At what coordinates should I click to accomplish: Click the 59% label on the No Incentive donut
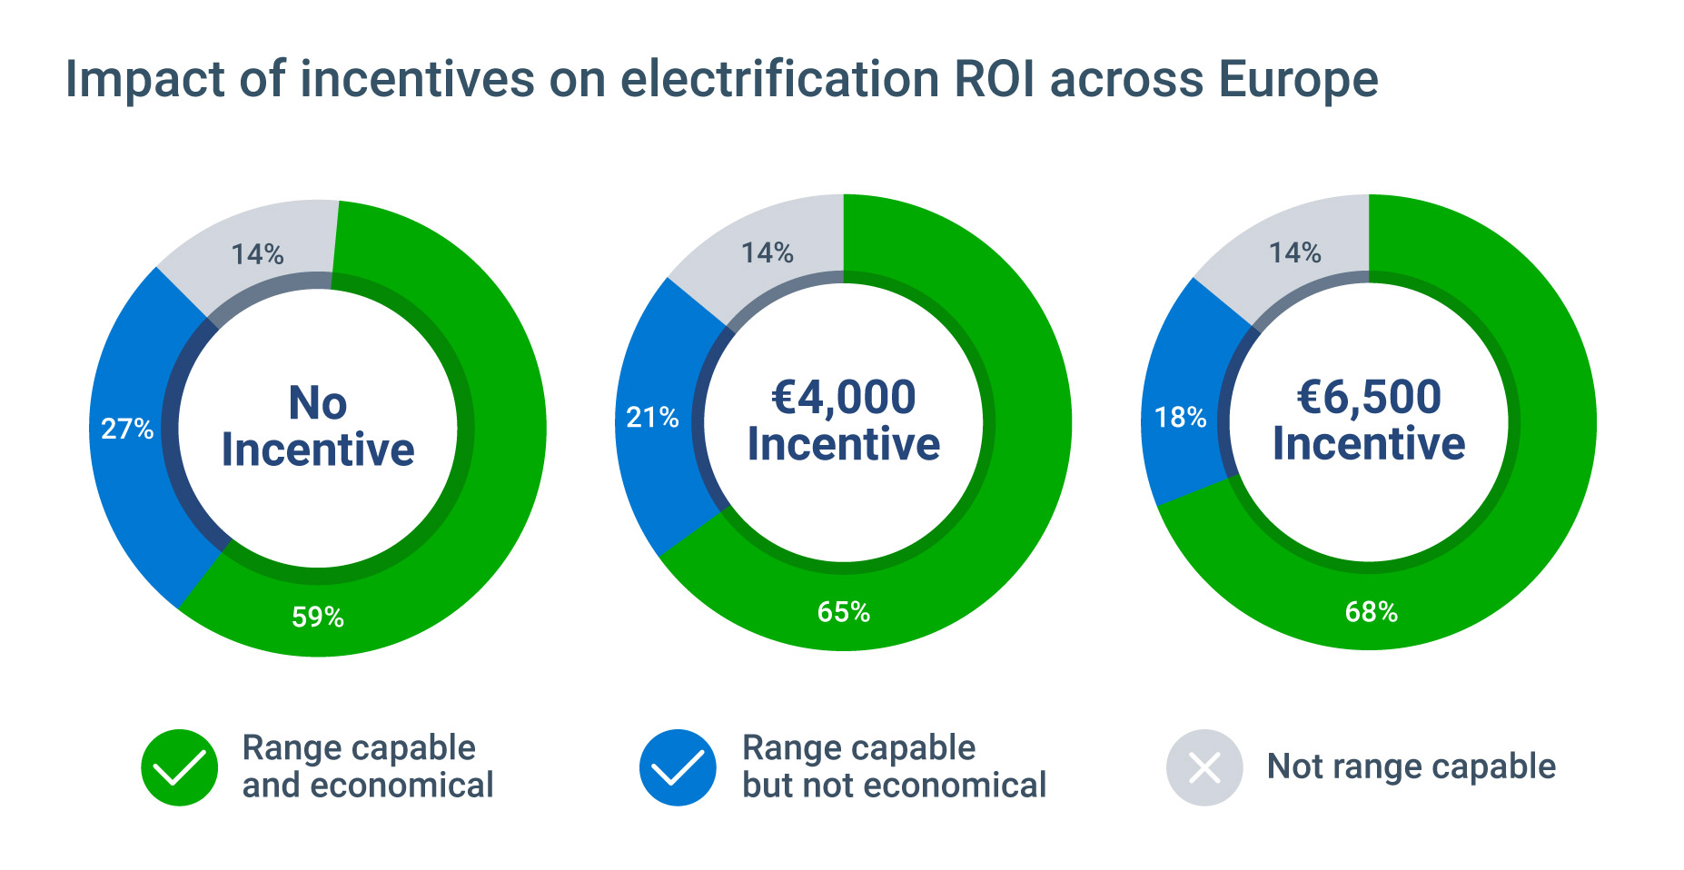coord(318,618)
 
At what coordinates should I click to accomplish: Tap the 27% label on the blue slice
coord(127,429)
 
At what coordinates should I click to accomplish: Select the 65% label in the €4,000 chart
coord(844,612)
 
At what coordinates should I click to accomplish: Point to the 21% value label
coord(652,418)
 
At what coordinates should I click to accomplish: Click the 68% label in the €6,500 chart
coord(1372,612)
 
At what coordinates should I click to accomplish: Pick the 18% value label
coord(1180,418)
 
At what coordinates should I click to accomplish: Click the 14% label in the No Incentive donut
coord(257,254)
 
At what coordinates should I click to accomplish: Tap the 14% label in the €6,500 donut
coord(1295,252)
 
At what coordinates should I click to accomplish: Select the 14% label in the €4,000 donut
coord(768,252)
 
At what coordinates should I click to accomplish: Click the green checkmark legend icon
coord(180,767)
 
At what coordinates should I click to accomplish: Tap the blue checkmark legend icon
coord(678,767)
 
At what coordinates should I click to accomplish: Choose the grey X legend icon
coord(1204,767)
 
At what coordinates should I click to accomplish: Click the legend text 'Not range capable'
coord(1412,766)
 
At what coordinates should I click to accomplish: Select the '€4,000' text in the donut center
coord(844,398)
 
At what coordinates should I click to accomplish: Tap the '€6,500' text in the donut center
coord(1369,398)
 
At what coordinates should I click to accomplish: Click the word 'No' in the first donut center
coord(318,403)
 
